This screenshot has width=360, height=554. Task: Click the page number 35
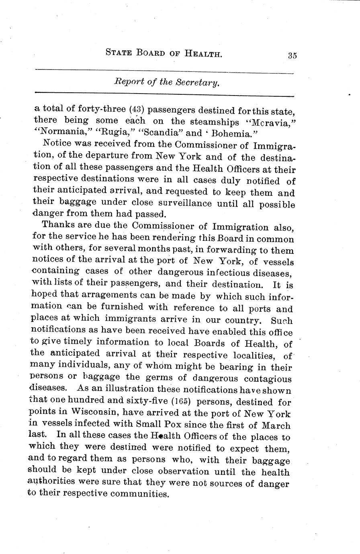pos(292,56)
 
